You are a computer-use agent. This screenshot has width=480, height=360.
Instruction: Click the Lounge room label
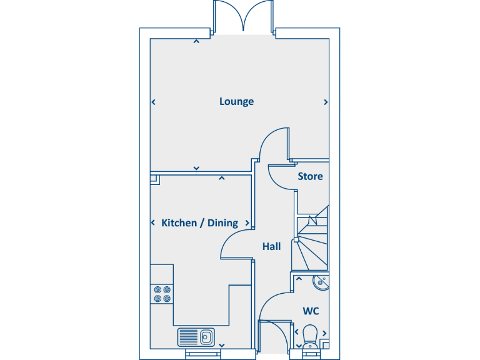236,101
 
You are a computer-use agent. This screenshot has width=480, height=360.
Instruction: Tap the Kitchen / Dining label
199,223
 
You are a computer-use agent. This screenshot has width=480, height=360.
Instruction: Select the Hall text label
271,246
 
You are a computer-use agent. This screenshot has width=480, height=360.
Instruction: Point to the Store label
310,176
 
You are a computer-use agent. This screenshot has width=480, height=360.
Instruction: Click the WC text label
311,311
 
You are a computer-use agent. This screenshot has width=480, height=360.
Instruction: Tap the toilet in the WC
310,335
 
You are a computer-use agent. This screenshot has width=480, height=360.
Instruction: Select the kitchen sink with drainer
196,337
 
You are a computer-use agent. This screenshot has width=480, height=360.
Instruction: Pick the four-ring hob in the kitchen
162,294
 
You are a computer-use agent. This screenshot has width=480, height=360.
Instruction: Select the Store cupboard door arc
280,178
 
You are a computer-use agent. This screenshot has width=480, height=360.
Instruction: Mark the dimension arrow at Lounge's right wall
326,102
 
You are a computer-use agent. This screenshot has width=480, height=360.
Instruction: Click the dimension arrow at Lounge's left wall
154,102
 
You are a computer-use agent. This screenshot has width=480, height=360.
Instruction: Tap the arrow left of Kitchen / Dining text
154,223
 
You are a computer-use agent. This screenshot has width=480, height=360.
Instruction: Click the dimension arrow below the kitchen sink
222,344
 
